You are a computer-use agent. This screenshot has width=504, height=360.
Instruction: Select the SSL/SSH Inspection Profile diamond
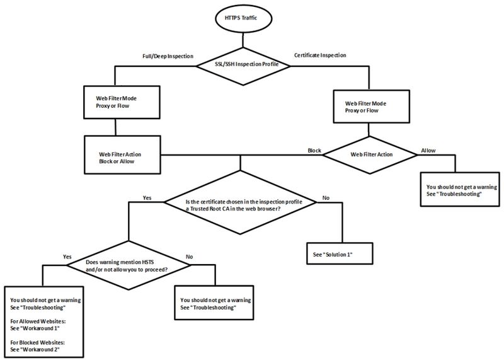[x=239, y=64]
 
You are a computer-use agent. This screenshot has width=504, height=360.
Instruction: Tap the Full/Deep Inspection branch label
[x=167, y=55]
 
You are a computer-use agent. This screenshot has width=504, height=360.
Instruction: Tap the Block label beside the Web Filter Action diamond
[x=314, y=151]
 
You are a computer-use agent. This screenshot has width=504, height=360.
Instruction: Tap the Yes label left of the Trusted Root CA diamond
[x=147, y=197]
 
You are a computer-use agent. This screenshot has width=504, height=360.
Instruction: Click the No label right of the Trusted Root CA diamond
[x=326, y=197]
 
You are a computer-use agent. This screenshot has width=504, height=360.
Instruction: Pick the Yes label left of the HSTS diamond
[x=67, y=257]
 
